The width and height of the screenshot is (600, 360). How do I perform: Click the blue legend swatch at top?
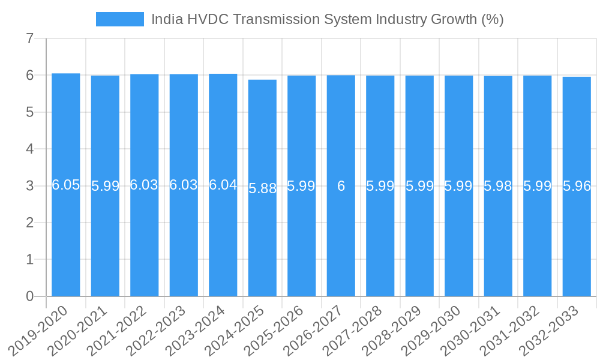click(x=120, y=19)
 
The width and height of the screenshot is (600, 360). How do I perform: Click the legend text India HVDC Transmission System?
click(x=327, y=19)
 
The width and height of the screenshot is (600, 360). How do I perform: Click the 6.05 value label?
click(x=66, y=185)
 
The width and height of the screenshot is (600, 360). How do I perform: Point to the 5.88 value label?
click(x=262, y=188)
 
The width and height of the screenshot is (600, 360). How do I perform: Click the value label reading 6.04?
click(x=223, y=185)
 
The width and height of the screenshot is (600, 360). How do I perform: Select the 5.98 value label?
click(x=498, y=186)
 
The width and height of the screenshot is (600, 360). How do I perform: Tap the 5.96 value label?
click(x=577, y=186)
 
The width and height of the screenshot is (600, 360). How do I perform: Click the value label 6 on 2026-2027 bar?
click(x=341, y=186)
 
